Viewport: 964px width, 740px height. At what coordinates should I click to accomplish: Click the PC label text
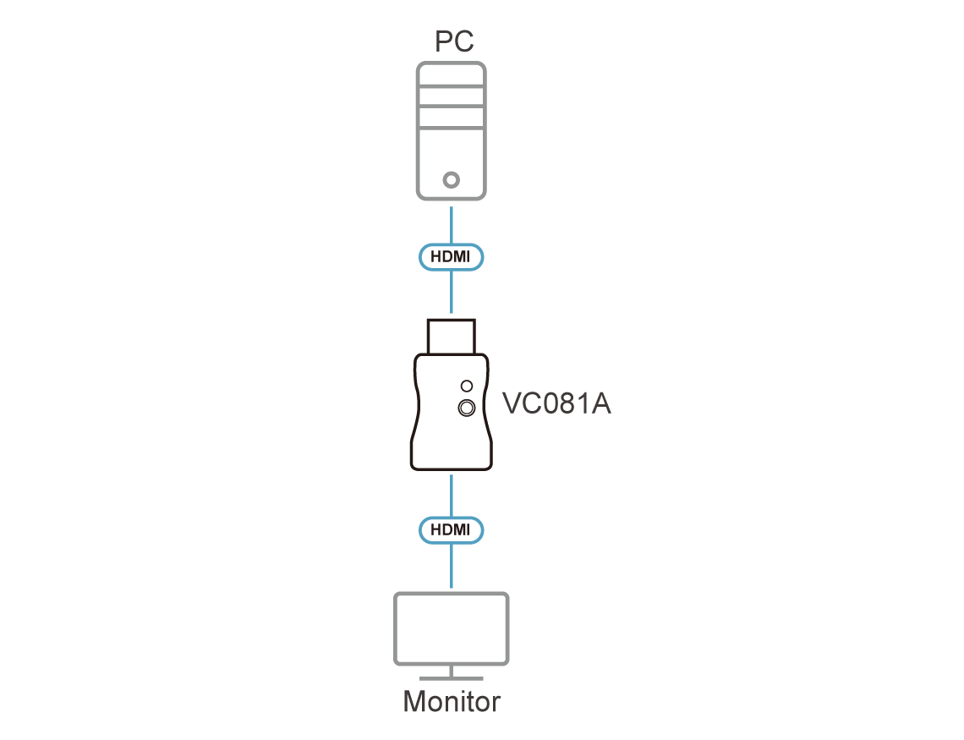point(454,41)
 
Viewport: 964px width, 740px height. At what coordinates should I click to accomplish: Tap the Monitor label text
point(452,701)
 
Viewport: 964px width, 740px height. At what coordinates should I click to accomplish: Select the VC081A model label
point(556,403)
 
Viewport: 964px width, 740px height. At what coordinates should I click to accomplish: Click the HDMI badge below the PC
point(451,257)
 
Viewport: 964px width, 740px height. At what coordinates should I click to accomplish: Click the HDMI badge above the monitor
point(451,529)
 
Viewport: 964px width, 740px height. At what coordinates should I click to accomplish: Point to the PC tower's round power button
point(452,180)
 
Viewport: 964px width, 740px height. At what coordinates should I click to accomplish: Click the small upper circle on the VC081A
point(467,386)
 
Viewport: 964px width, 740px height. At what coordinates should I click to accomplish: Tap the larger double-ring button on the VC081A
point(467,408)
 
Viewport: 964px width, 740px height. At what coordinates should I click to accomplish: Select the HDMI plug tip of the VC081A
point(452,337)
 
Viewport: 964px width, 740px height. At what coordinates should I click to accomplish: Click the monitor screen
point(452,628)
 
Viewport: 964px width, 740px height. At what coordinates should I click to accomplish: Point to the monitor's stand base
point(452,678)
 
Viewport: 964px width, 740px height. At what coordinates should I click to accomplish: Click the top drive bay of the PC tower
point(452,76)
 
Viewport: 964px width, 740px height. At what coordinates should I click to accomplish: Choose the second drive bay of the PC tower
point(452,96)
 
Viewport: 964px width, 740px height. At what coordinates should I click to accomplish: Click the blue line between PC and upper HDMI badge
point(452,225)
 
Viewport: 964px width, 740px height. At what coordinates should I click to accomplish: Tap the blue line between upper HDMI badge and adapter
point(452,292)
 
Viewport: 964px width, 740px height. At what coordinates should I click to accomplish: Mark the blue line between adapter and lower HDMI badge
point(452,496)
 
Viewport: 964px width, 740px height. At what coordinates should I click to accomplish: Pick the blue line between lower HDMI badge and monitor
point(452,566)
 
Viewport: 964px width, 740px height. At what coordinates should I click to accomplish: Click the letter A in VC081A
point(601,403)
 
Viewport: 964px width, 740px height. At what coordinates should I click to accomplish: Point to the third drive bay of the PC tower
point(452,118)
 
